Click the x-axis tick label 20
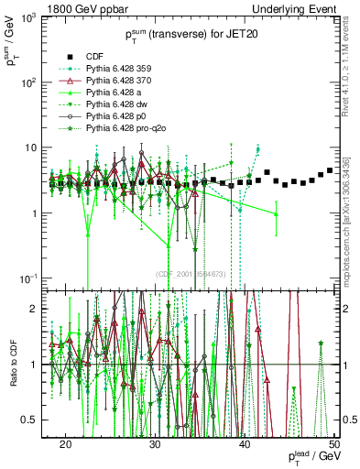click(x=66, y=444)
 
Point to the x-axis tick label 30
click(x=156, y=444)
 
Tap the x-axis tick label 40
click(x=245, y=444)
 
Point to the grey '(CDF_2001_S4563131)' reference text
click(x=195, y=274)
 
